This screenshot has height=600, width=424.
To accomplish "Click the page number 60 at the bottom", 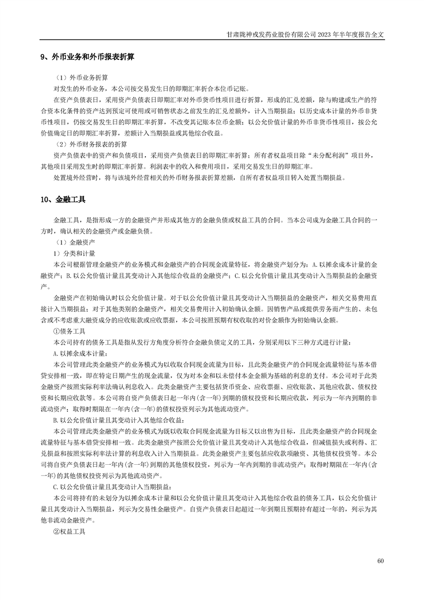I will (380, 560).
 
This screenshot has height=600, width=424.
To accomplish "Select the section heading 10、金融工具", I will (63, 199).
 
